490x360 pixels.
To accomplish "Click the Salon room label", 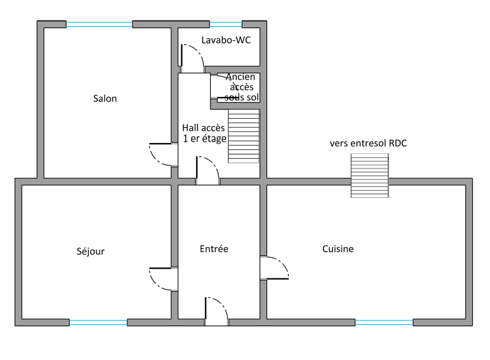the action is tap(105, 99).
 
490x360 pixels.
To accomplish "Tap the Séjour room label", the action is tap(91, 251).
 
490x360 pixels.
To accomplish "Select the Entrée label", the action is tap(214, 249).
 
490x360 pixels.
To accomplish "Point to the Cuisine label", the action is tap(338, 249).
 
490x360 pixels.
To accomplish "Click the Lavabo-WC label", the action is tap(226, 40).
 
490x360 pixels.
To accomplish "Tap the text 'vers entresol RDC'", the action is tap(368, 144).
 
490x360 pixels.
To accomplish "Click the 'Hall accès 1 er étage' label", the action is tap(204, 133).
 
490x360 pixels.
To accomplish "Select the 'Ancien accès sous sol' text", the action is tap(241, 87).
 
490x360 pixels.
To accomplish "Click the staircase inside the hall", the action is tap(244, 136).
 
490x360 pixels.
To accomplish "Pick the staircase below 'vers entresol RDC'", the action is tap(370, 176).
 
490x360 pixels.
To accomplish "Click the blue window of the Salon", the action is tap(99, 24).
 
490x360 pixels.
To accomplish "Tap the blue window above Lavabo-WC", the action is tap(226, 24).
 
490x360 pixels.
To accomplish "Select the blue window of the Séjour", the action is tap(98, 322).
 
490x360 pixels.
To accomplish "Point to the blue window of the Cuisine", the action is tap(384, 322).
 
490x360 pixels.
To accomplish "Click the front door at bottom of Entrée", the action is tap(216, 311).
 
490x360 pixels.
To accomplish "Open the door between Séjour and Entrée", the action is tap(164, 279).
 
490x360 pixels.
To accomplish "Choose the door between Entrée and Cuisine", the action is tap(274, 267).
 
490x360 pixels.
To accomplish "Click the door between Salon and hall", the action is tap(164, 154).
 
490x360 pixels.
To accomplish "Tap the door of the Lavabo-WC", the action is tap(192, 59).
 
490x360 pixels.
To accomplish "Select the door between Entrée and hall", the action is tap(208, 170).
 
